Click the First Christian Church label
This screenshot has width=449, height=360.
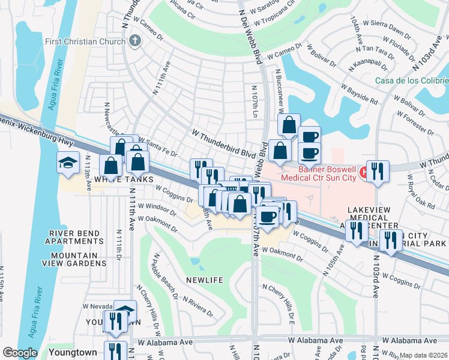coord(85,41)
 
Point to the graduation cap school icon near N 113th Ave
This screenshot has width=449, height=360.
coord(68,162)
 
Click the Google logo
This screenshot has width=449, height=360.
coord(20,353)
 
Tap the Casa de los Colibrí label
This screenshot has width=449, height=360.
coord(412,80)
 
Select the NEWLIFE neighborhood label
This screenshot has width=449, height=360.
coord(204,280)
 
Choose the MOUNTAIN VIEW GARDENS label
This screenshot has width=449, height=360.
coord(74,259)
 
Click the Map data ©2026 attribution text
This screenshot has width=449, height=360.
coord(424,355)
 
